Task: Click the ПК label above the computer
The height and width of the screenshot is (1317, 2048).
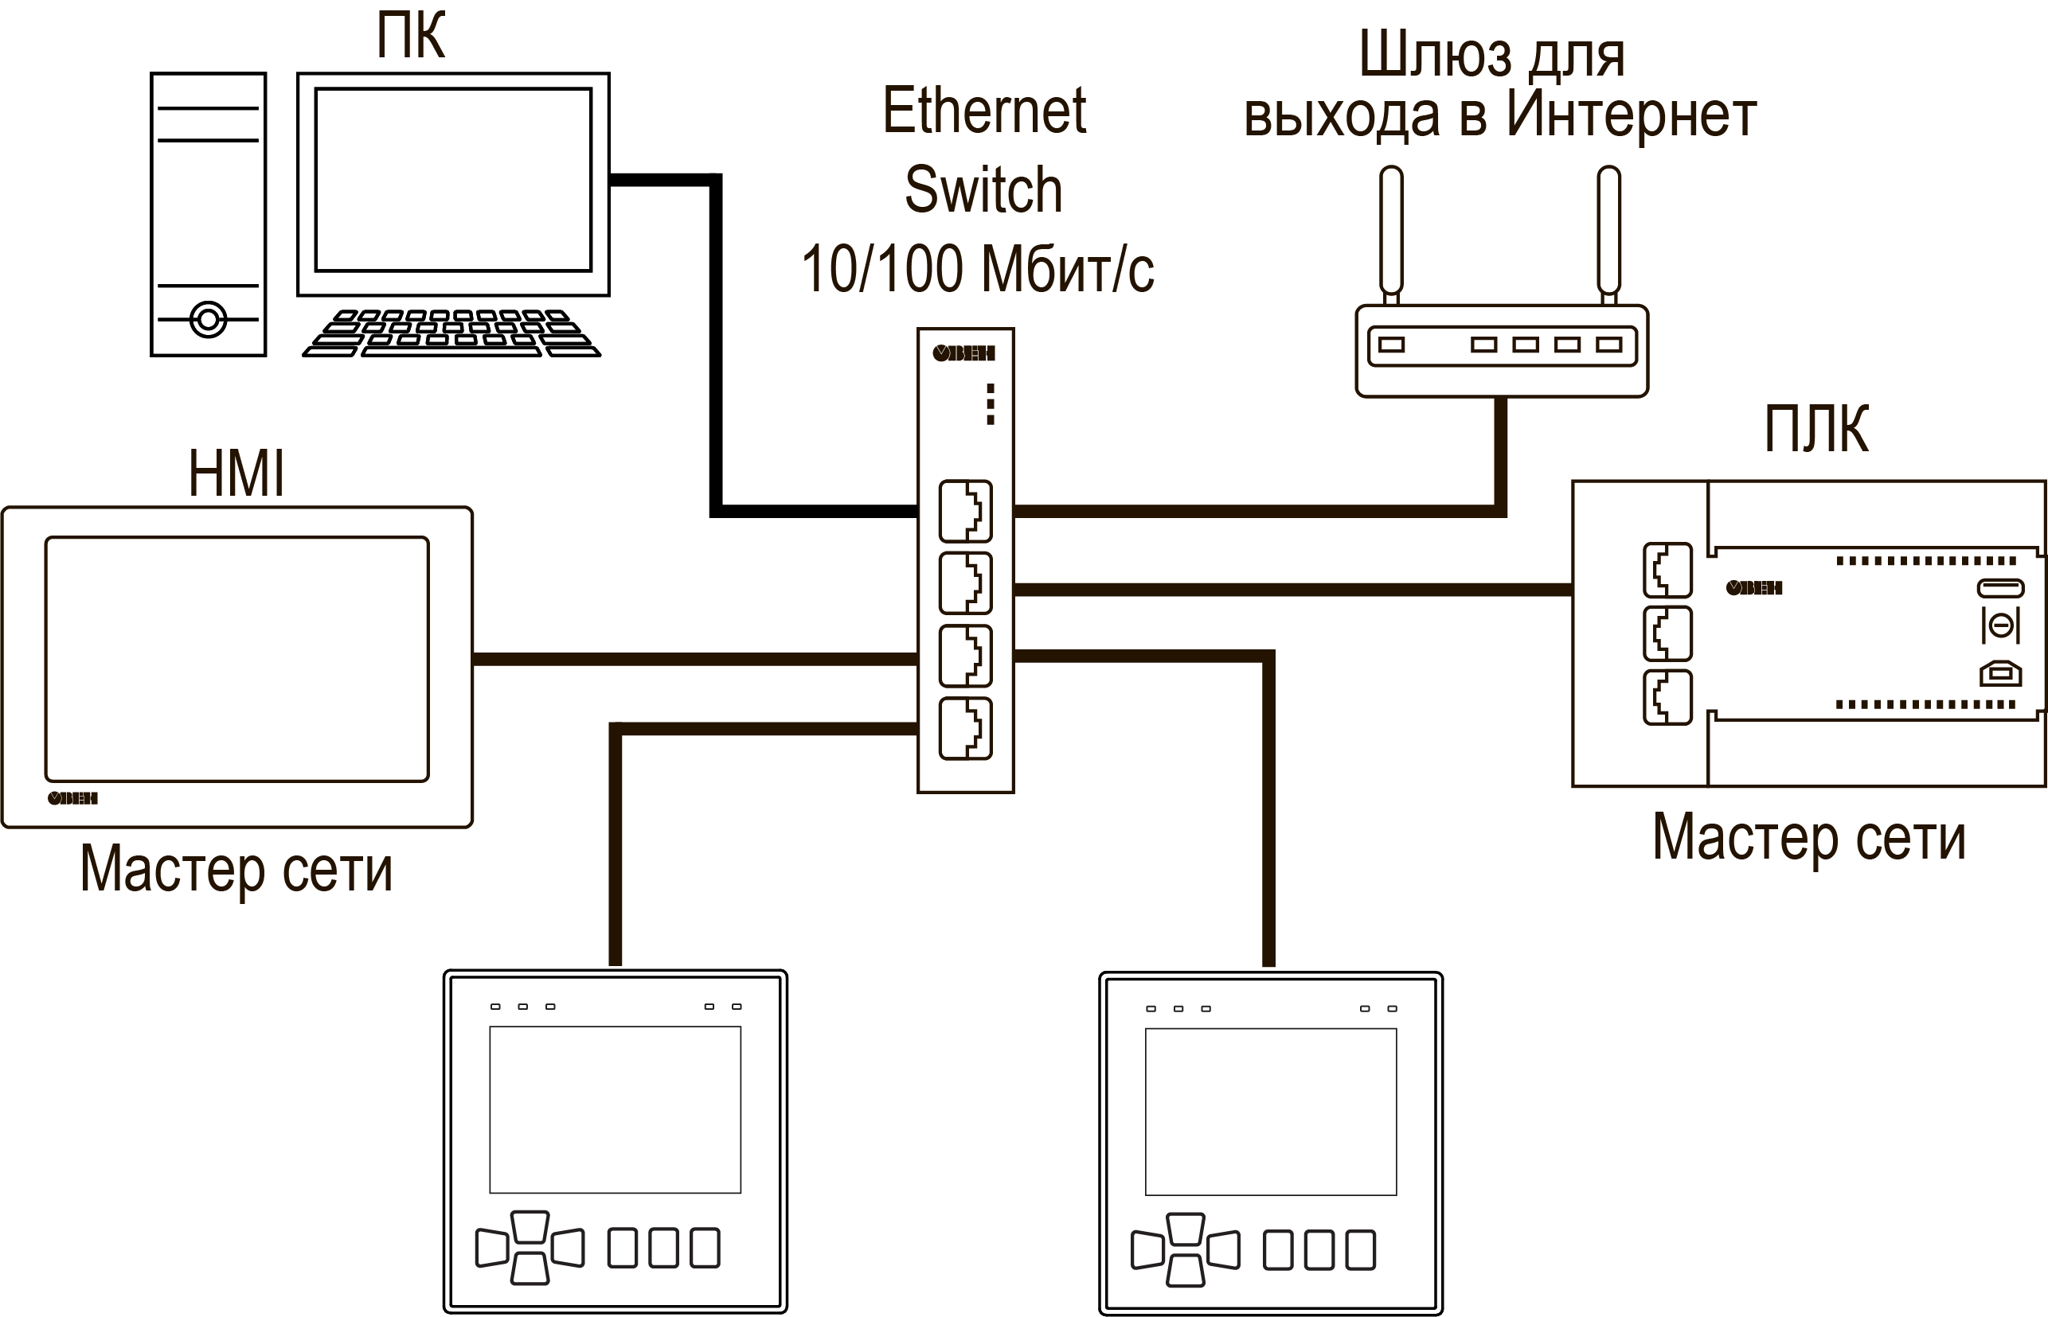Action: [411, 36]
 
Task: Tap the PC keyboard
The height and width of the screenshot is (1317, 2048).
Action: [451, 333]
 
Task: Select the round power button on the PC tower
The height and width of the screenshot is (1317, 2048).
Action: [208, 320]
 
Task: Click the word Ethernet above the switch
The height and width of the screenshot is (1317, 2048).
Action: [984, 111]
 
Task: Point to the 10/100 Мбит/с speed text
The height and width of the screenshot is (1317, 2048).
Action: [977, 268]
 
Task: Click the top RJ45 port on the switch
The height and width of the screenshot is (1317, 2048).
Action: [965, 512]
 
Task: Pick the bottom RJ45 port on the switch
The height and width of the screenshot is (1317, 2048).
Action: [965, 730]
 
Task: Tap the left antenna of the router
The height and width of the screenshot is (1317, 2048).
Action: [1392, 231]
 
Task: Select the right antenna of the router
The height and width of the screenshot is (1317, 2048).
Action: [1609, 231]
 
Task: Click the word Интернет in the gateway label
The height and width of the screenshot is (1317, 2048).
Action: [1631, 115]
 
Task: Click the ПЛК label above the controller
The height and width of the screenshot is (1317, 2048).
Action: [1815, 429]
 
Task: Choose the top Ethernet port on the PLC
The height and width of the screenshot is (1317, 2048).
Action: [1667, 571]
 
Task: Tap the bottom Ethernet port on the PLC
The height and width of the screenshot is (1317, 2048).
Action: [1667, 698]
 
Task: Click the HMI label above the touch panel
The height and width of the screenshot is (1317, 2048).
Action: [236, 473]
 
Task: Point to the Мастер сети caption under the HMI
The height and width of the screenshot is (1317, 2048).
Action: [236, 869]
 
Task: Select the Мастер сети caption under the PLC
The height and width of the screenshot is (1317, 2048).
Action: [1808, 837]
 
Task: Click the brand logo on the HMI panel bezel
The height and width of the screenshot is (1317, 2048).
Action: [72, 799]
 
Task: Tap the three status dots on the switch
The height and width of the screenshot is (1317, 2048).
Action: [990, 403]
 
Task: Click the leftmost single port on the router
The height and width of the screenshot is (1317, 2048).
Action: [1392, 345]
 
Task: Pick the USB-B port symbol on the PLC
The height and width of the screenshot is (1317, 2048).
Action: [2001, 674]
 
